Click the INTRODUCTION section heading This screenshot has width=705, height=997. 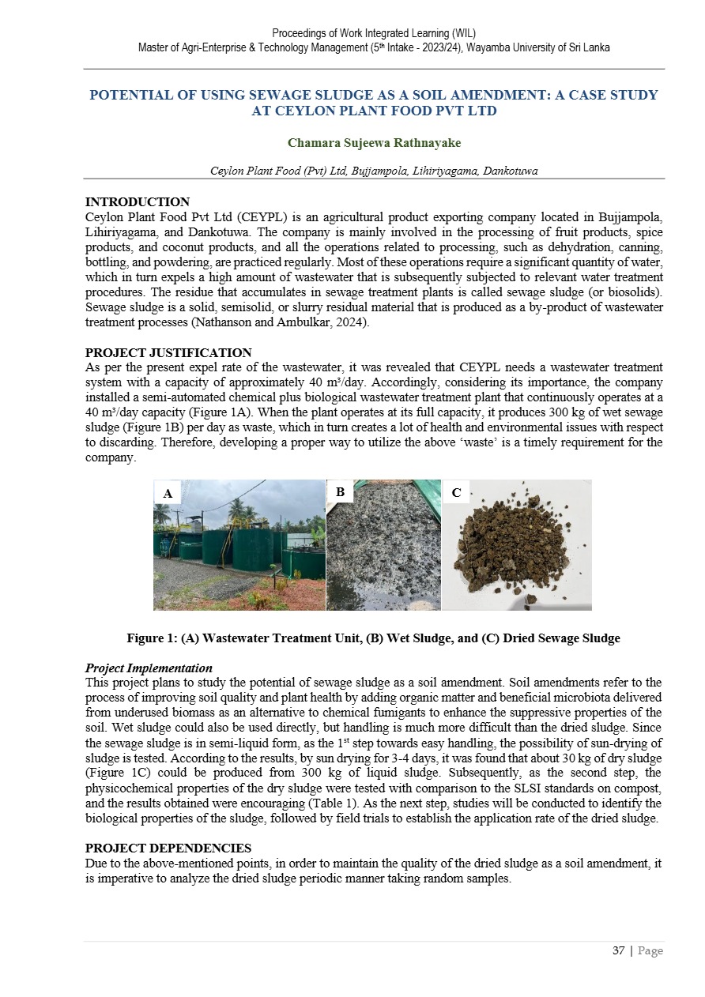click(137, 202)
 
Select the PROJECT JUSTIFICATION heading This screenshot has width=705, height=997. click(168, 353)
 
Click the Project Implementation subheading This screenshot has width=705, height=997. click(149, 668)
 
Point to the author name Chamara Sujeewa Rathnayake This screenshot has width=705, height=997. click(374, 143)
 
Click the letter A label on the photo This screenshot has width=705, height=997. click(168, 494)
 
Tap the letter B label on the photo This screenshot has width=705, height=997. click(340, 491)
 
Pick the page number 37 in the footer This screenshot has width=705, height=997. click(619, 950)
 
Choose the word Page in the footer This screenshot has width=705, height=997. click(650, 950)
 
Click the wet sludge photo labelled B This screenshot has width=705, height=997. click(383, 553)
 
